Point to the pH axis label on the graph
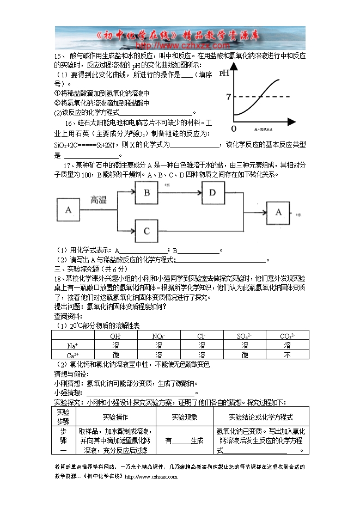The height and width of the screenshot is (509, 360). click(x=224, y=72)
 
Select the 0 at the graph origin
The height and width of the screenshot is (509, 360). click(x=234, y=128)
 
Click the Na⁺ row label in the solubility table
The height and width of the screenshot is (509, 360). click(x=73, y=345)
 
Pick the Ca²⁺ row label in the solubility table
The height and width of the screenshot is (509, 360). click(x=72, y=354)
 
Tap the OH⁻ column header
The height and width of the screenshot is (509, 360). click(x=115, y=336)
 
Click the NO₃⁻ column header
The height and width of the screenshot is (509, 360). click(x=158, y=336)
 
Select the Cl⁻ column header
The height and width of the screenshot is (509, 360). click(x=201, y=336)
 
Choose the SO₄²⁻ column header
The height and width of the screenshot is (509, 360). click(x=244, y=336)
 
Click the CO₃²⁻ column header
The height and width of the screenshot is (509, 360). click(x=287, y=336)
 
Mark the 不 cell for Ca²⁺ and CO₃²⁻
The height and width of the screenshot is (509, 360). click(x=287, y=354)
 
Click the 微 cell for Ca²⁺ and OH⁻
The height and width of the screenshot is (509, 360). click(x=115, y=354)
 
